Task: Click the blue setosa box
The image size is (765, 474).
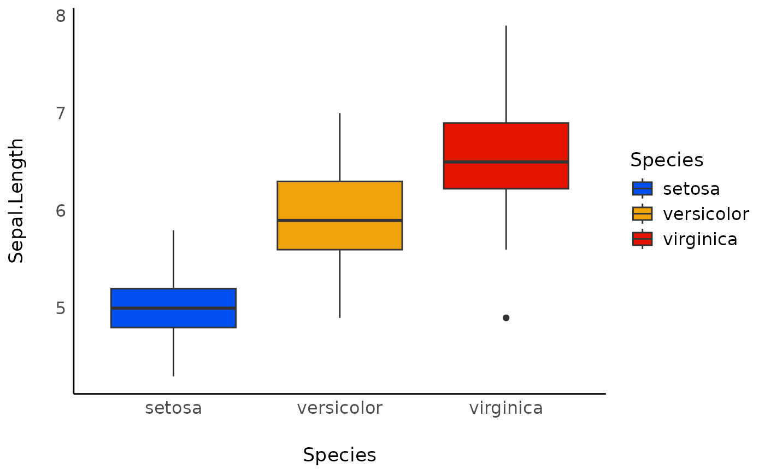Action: [173, 298]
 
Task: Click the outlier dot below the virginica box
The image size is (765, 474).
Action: [506, 318]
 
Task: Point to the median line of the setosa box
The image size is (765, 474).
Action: [173, 308]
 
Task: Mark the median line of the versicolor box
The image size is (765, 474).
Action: [339, 221]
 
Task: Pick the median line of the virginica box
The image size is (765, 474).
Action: [505, 162]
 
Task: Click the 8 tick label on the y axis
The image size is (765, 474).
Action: [61, 16]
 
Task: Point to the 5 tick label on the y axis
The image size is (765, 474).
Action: [61, 308]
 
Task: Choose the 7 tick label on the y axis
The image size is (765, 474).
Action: [61, 113]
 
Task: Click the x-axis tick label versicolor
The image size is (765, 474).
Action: [339, 408]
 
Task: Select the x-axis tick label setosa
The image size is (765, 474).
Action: [173, 408]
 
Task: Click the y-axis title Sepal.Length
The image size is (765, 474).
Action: [17, 200]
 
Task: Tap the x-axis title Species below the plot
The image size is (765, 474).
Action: [339, 455]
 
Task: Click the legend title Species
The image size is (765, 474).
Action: [666, 160]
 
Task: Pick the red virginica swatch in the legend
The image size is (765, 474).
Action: [642, 239]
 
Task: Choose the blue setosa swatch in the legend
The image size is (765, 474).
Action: [642, 188]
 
